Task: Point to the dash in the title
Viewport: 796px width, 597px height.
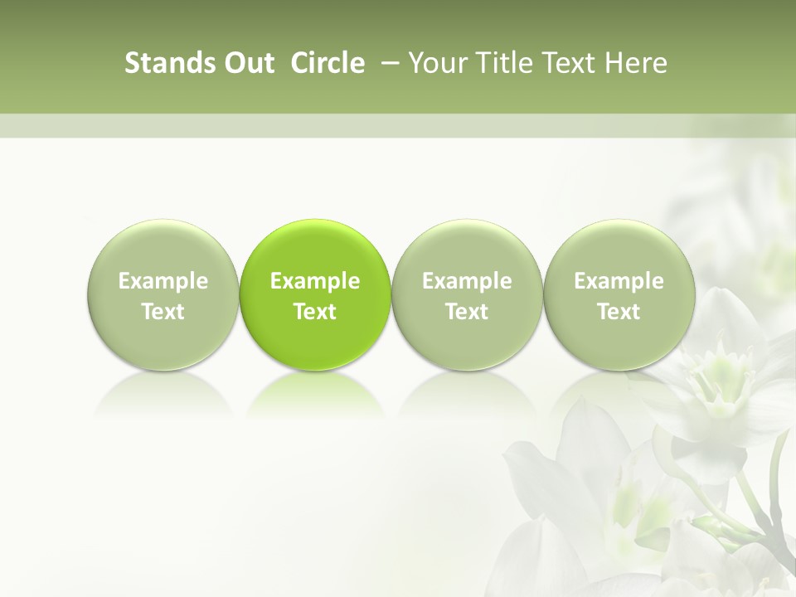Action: [x=387, y=63]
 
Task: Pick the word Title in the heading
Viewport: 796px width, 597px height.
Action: [x=502, y=63]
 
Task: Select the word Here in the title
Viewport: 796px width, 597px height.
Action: [x=636, y=63]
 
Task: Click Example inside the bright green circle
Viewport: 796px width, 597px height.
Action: [x=315, y=281]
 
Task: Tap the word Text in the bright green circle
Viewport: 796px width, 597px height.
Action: [x=315, y=312]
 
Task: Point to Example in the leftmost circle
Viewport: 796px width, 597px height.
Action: [x=163, y=281]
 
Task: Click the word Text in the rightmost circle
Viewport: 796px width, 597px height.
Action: [x=619, y=312]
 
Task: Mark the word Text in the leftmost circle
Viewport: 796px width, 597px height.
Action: [x=163, y=312]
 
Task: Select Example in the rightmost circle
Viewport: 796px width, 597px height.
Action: [x=619, y=281]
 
